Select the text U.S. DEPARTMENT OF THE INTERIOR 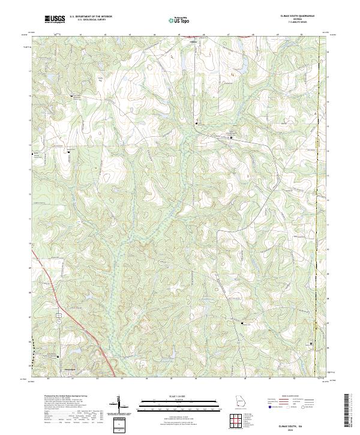pos(91,17)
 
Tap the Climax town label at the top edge pos(193,42)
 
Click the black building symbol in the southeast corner pos(311,344)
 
